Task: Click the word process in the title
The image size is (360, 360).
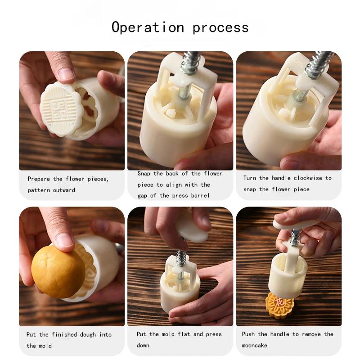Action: tap(220, 28)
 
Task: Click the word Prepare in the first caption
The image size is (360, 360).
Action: tap(39, 179)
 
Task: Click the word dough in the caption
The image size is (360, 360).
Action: tap(88, 334)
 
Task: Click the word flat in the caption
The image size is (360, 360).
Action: tap(186, 334)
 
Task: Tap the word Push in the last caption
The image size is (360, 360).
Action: tap(249, 334)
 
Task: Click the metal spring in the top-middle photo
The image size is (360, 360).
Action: tap(189, 63)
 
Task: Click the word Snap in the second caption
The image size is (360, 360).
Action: tap(145, 173)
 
